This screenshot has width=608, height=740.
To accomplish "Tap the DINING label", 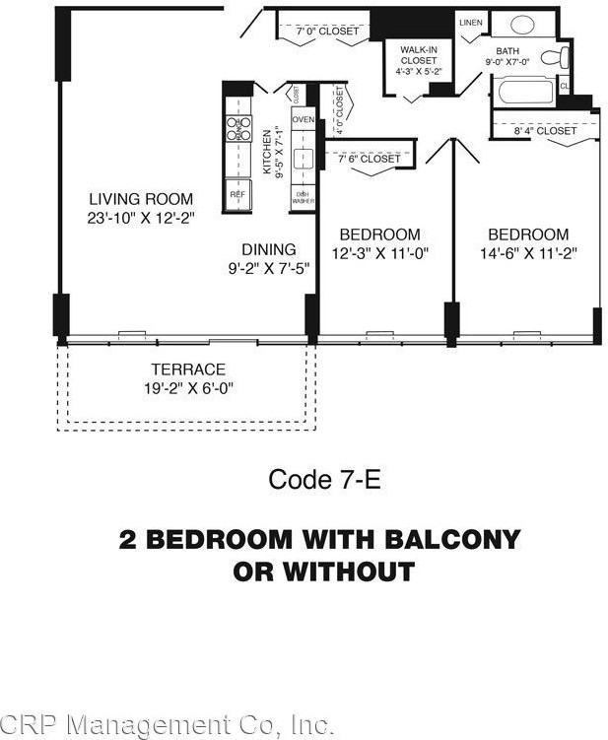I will click(269, 249).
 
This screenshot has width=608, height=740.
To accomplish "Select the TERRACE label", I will click(187, 370).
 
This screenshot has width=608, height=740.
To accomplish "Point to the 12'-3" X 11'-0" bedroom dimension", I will click(380, 253).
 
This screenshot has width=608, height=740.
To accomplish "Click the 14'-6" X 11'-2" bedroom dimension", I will click(528, 253).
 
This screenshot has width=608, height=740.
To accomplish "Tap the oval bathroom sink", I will click(521, 25).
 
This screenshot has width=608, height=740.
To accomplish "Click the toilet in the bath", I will click(561, 56).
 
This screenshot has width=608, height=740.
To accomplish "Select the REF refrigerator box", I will click(237, 194).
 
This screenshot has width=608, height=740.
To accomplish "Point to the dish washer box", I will click(303, 197).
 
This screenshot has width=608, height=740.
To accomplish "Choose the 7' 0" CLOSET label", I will click(328, 32).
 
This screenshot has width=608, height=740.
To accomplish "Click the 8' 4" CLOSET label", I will click(545, 130).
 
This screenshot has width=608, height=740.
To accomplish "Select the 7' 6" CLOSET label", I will click(369, 159).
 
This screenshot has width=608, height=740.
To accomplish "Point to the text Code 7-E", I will click(323, 480).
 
